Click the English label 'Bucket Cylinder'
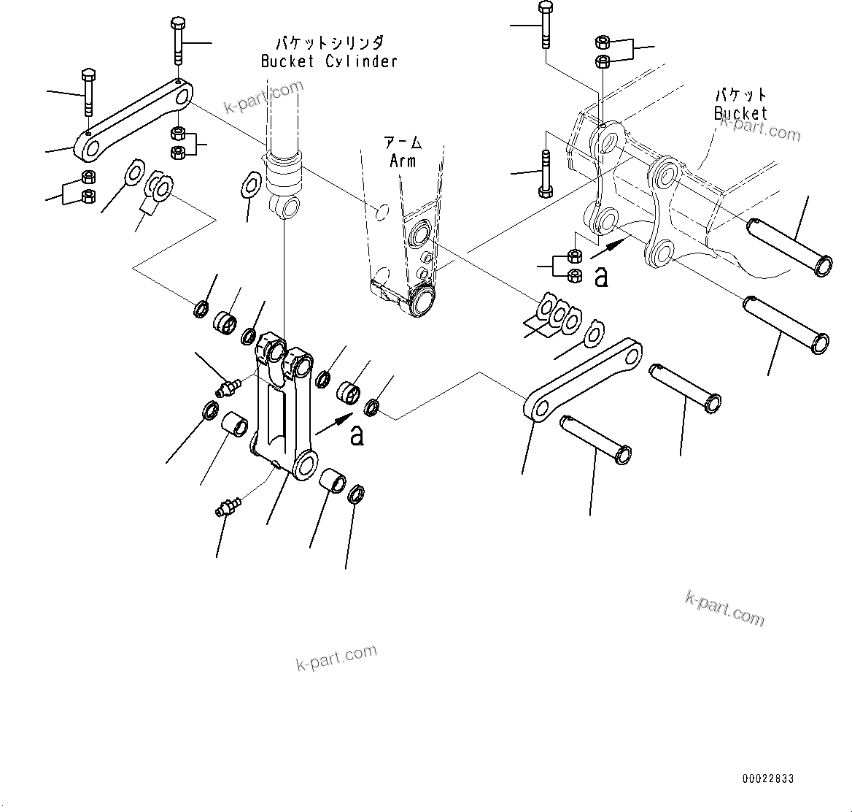pos(329,61)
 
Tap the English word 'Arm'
pos(402,161)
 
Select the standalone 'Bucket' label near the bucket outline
pos(740,113)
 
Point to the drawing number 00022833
pos(767,779)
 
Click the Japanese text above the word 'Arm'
pos(402,144)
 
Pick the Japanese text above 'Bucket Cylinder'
pos(329,43)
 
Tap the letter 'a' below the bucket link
pos(601,277)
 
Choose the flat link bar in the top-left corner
pos(136,120)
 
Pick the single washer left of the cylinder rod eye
pos(249,183)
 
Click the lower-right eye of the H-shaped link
pos(306,464)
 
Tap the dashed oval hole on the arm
pos(379,212)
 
